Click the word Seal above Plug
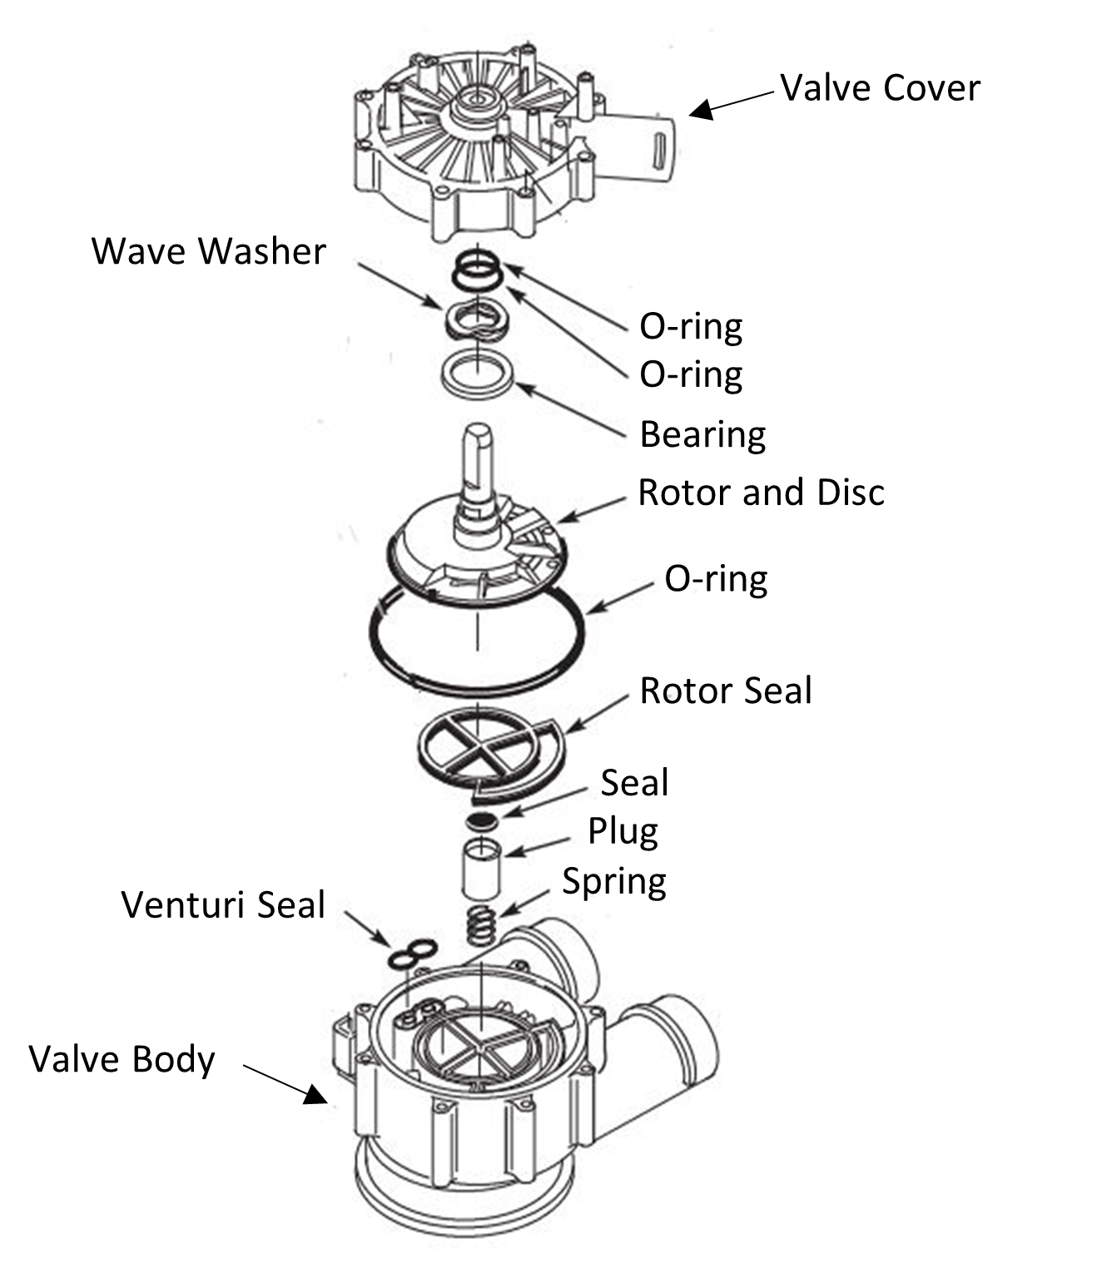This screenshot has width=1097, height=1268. (634, 783)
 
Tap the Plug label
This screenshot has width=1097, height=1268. (623, 831)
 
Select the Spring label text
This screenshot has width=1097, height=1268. (614, 881)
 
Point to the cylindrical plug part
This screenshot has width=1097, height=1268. (482, 869)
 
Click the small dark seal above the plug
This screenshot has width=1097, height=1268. (482, 822)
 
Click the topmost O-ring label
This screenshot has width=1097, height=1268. (691, 326)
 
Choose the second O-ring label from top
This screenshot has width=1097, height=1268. (691, 374)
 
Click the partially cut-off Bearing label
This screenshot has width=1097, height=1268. (692, 434)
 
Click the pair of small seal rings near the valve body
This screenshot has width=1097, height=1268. (411, 953)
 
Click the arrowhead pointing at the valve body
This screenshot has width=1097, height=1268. (315, 1094)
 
